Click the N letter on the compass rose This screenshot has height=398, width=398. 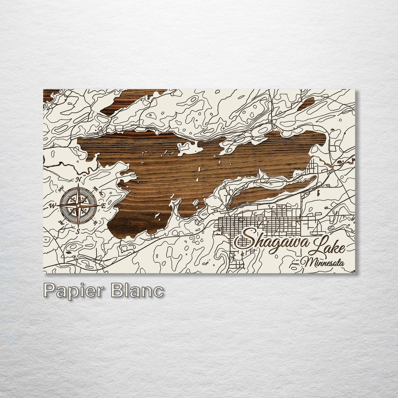[x=78, y=180]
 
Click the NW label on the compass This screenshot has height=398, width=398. [x=61, y=189]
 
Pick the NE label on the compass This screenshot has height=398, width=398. [x=96, y=189]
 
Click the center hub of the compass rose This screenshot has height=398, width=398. [x=78, y=205]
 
